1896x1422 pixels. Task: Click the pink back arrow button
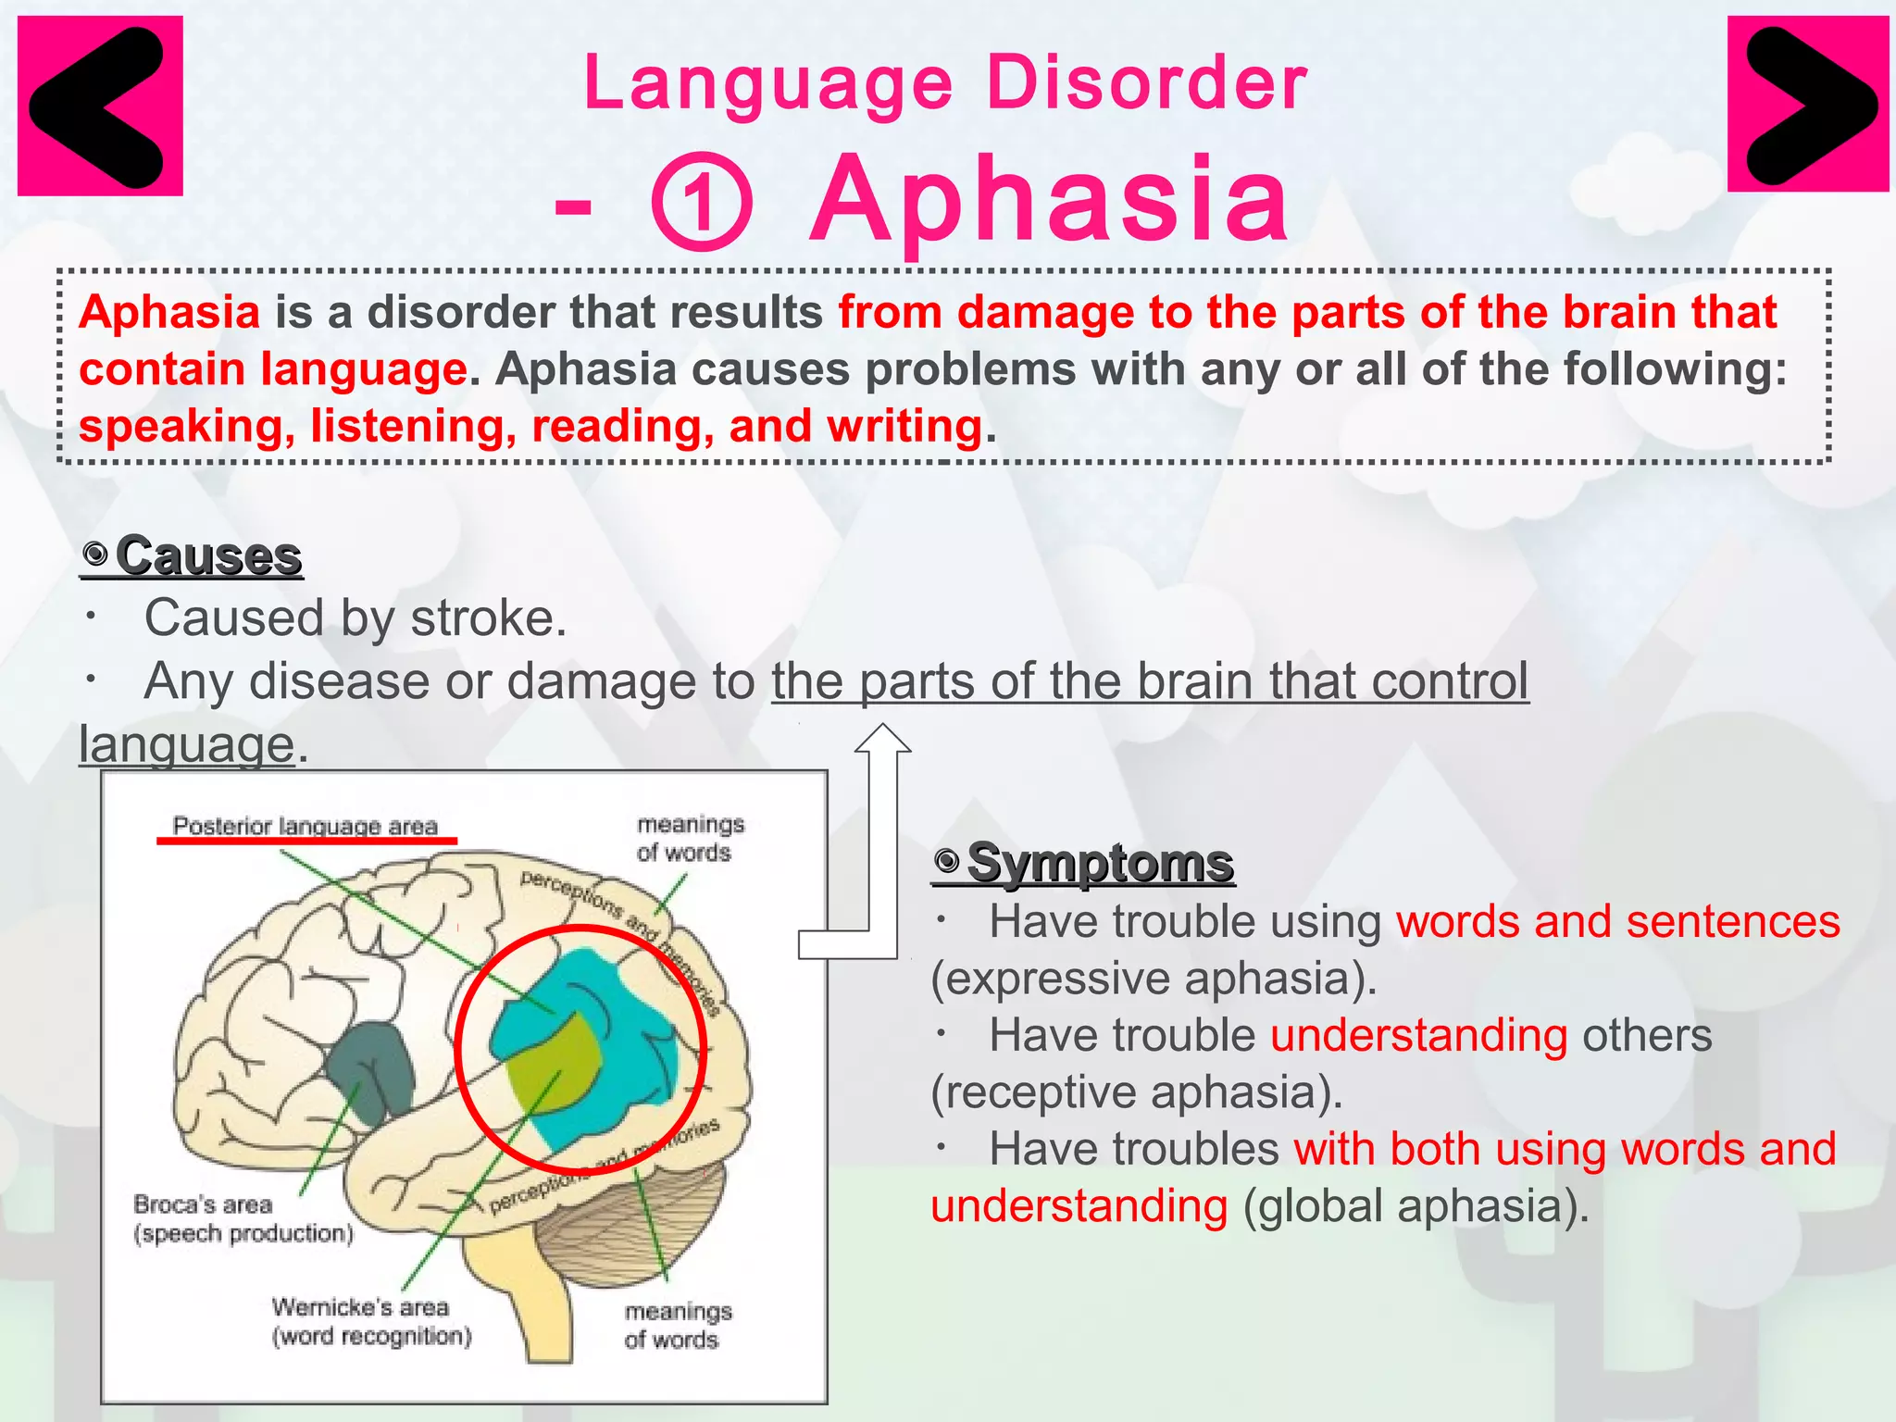[x=100, y=106]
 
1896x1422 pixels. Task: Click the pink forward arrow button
[x=1807, y=104]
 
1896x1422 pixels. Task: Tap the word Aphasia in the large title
[x=1049, y=199]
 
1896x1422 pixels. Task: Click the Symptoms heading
[x=1099, y=863]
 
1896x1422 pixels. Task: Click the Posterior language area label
[x=306, y=826]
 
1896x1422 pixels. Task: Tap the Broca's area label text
[x=204, y=1204]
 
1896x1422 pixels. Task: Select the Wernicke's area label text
[x=361, y=1307]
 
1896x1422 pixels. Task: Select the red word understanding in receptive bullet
[x=1418, y=1035]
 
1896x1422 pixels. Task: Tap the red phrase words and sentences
[x=1617, y=921]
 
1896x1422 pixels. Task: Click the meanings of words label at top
[x=689, y=838]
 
